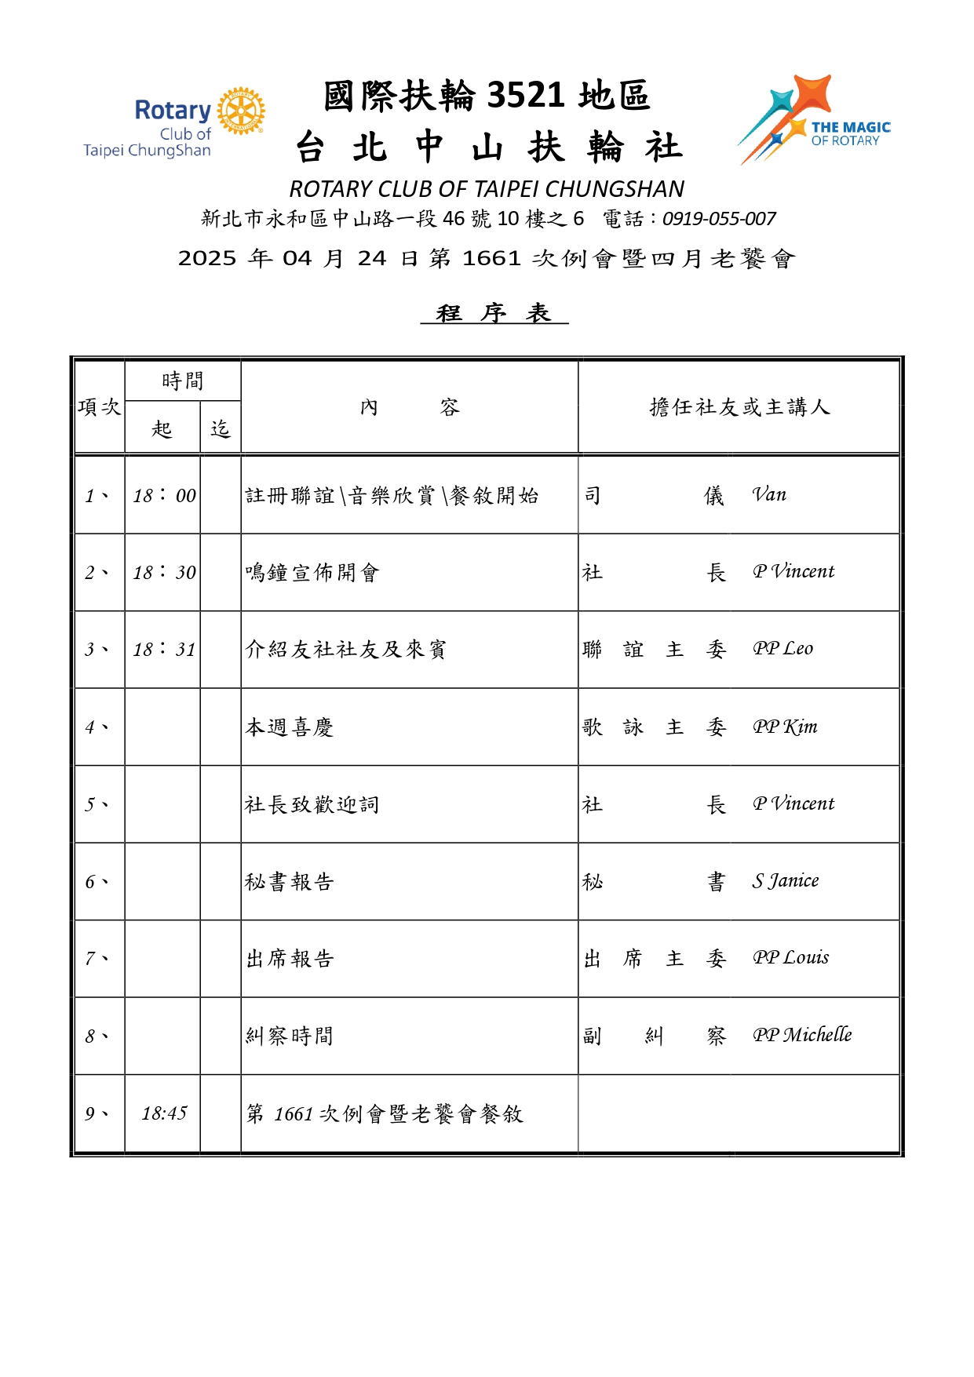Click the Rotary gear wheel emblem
[x=241, y=111]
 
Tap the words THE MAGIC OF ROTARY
[x=850, y=133]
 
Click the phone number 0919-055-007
[x=718, y=219]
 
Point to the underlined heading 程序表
[x=494, y=313]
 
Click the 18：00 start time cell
[x=164, y=496]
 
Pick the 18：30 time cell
[x=164, y=573]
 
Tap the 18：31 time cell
[x=164, y=650]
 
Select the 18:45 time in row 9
[x=164, y=1113]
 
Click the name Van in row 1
[x=768, y=494]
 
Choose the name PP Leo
[x=782, y=649]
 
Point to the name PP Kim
[x=785, y=727]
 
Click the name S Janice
[x=785, y=881]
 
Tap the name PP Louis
[x=790, y=958]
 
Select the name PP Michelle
[x=802, y=1035]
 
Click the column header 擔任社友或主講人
[x=739, y=407]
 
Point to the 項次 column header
[x=100, y=407]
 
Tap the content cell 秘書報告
[x=290, y=882]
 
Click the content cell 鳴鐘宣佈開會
[x=312, y=573]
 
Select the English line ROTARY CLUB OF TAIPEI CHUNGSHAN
[x=487, y=189]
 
